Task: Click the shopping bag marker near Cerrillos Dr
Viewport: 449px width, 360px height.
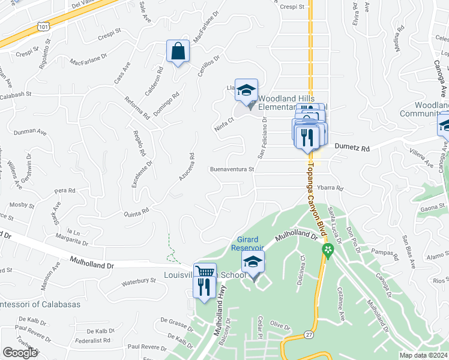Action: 178,52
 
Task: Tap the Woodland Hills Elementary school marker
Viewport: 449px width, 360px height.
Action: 246,91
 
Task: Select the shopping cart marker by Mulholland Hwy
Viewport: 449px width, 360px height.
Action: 205,273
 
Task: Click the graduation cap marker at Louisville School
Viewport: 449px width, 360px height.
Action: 253,262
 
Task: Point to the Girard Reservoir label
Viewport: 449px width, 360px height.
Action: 248,244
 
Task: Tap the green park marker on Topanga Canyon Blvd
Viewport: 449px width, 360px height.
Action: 327,250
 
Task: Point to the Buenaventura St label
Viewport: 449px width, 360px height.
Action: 232,169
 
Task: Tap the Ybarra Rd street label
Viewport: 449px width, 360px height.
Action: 330,188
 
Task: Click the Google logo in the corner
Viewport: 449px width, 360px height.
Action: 20,352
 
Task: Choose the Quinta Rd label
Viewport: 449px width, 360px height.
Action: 136,212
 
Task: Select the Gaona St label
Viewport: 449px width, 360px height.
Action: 432,208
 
